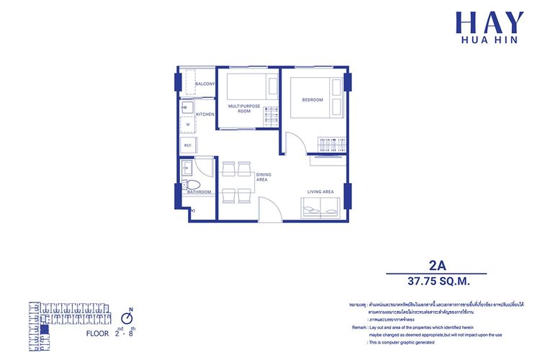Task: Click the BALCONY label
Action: click(204, 84)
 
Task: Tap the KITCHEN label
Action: click(205, 114)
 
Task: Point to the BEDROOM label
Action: click(312, 99)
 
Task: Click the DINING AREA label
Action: click(261, 177)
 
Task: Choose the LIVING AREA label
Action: click(320, 192)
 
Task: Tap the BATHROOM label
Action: click(199, 192)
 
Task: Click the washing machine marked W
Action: click(188, 125)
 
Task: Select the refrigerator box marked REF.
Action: click(188, 145)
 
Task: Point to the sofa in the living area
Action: click(320, 210)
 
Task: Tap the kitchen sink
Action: click(186, 109)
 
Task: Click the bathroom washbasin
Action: click(186, 168)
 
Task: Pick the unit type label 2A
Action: click(436, 264)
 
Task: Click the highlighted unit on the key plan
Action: click(45, 330)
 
